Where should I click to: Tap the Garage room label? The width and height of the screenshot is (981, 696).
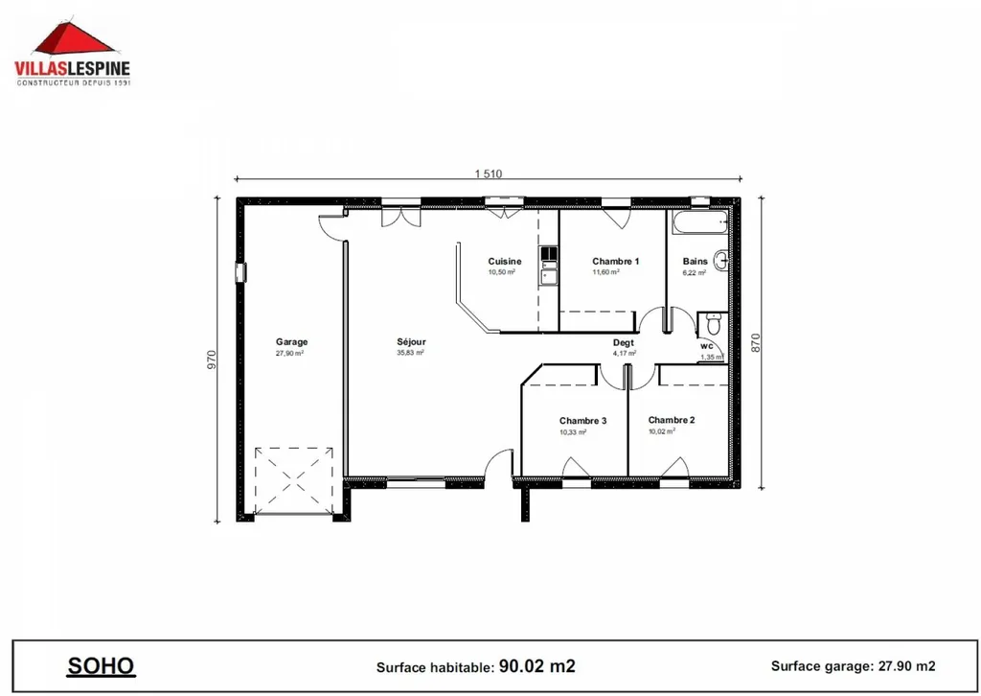291,341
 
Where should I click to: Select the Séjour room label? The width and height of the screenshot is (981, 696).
411,341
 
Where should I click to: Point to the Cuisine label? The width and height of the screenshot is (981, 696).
504,261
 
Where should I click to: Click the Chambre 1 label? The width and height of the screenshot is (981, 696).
615,261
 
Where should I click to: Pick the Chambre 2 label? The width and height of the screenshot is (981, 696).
671,420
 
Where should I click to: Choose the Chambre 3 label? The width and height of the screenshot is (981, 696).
582,421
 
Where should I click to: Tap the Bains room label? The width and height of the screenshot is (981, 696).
695,261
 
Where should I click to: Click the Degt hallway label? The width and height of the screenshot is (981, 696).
623,343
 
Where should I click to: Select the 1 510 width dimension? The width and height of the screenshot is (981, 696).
489,174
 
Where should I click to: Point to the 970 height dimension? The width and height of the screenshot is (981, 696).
213,360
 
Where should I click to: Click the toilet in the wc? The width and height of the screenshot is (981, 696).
711,320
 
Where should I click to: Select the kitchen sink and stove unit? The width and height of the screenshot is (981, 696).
549,266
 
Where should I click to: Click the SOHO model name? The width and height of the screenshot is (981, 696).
101,665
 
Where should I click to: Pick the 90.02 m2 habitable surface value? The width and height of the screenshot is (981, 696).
536,665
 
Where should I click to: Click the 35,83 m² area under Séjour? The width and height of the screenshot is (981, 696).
411,353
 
